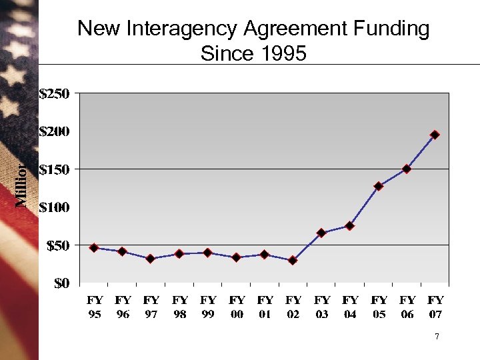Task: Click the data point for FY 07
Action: pyautogui.click(x=435, y=135)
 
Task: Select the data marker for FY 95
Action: pyautogui.click(x=94, y=248)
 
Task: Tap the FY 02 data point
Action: pyautogui.click(x=293, y=260)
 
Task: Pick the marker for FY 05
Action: pyautogui.click(x=378, y=186)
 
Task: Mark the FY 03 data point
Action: pyautogui.click(x=321, y=233)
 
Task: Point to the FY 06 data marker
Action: pyautogui.click(x=407, y=169)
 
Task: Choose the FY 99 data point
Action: pyautogui.click(x=208, y=253)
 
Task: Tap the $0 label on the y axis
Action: pyautogui.click(x=61, y=283)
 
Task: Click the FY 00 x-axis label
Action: pyautogui.click(x=237, y=307)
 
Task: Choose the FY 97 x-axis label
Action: pyautogui.click(x=151, y=307)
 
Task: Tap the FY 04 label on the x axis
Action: pyautogui.click(x=350, y=307)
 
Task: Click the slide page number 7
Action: pyautogui.click(x=437, y=337)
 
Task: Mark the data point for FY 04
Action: pyautogui.click(x=349, y=226)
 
